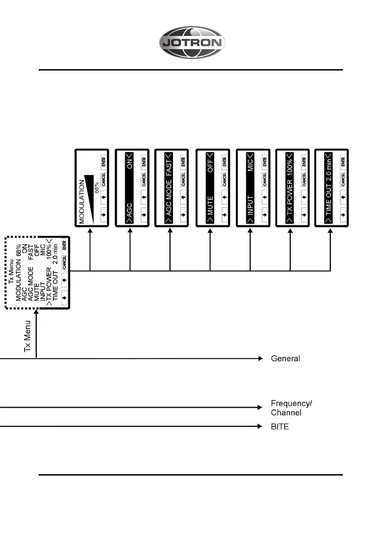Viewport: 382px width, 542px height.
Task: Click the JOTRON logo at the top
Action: click(192, 43)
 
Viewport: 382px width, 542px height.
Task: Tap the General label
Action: click(285, 359)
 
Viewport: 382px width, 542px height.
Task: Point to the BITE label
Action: click(280, 427)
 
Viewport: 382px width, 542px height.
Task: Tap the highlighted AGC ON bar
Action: click(130, 187)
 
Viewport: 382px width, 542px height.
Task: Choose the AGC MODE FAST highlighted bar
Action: click(170, 187)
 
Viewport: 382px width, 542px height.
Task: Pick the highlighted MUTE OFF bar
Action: click(210, 187)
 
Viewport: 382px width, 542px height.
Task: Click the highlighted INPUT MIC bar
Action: click(250, 187)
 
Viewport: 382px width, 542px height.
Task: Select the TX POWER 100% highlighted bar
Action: click(290, 187)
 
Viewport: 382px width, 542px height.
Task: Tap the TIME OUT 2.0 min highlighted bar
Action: click(329, 187)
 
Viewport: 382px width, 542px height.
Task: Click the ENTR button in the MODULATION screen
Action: click(103, 161)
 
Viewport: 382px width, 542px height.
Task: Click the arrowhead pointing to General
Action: click(261, 359)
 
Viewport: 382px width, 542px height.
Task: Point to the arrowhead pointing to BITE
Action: click(261, 427)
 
